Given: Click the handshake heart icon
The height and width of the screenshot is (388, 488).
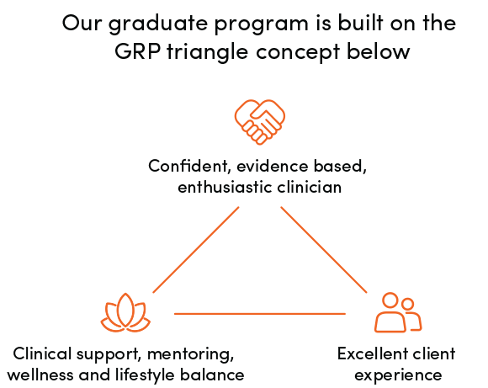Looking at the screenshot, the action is point(260,122).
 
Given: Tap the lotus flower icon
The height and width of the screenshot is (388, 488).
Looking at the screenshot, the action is point(125,312).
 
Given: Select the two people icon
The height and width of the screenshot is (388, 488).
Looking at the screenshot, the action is point(398,312).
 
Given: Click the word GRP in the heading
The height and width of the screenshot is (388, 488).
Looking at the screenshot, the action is point(137,51).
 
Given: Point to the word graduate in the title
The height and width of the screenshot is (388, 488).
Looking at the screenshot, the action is point(158,24).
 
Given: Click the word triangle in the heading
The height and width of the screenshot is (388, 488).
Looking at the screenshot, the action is point(207,52).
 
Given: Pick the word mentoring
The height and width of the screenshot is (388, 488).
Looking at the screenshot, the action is point(190,354).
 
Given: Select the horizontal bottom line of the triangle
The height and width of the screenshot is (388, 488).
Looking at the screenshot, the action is point(260,314).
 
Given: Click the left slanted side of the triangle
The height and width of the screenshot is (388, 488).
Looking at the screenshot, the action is point(196,249).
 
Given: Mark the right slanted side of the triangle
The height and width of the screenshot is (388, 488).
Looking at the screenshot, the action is point(324,249).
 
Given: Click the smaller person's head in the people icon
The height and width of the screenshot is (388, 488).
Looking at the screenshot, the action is point(407,304).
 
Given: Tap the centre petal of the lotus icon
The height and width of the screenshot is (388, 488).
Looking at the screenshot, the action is point(125,311).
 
